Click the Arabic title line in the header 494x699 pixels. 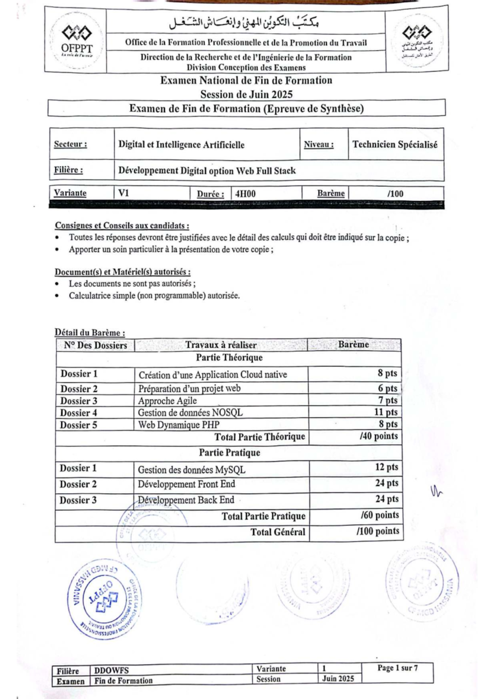click(x=245, y=23)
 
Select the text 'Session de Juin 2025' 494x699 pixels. click(x=246, y=94)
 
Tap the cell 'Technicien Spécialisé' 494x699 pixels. click(x=395, y=144)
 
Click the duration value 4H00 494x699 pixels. click(x=245, y=194)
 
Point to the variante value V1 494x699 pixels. click(x=124, y=193)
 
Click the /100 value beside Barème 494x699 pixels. click(x=395, y=194)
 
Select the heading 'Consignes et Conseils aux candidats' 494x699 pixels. click(x=122, y=226)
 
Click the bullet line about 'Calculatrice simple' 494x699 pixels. click(x=154, y=296)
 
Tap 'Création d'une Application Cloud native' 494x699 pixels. click(x=212, y=375)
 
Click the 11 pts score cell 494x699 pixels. click(x=386, y=412)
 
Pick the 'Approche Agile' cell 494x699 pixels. click(x=167, y=401)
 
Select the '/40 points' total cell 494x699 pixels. click(x=378, y=436)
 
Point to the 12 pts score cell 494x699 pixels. click(x=386, y=467)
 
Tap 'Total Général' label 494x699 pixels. click(x=278, y=532)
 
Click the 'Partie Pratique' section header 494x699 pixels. click(x=229, y=453)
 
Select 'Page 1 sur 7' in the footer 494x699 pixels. click(x=397, y=668)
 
